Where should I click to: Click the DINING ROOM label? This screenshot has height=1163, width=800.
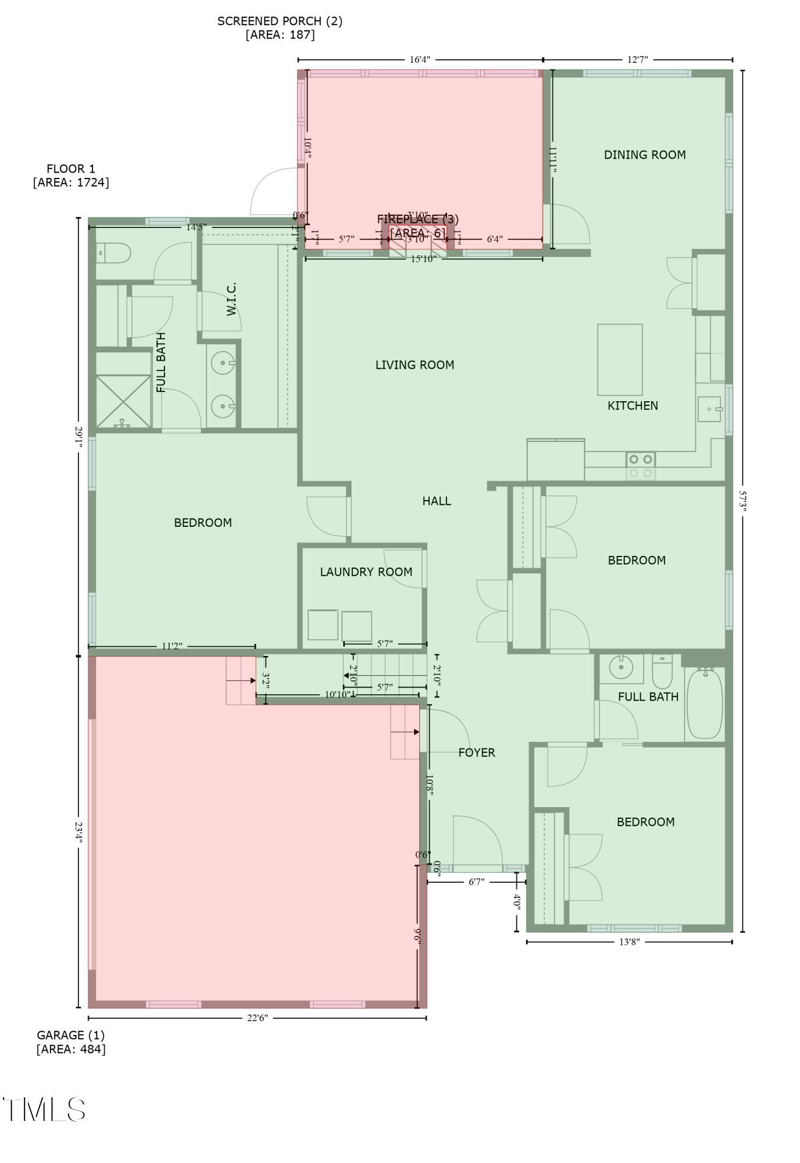click(x=644, y=155)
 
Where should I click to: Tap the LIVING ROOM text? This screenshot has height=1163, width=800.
click(x=415, y=365)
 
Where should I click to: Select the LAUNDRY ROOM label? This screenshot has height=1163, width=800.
click(x=366, y=572)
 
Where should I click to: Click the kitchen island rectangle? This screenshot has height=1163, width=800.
click(x=620, y=360)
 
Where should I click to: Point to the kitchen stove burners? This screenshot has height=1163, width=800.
click(x=641, y=466)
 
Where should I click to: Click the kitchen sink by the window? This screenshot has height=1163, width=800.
click(x=709, y=409)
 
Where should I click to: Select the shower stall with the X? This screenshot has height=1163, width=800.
click(x=123, y=401)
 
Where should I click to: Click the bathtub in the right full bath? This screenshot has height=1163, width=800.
click(x=705, y=703)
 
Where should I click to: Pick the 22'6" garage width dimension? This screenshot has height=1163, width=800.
click(x=257, y=1018)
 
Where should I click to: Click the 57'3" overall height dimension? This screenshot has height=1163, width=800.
click(x=742, y=500)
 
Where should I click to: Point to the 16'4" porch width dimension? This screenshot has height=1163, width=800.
click(x=420, y=60)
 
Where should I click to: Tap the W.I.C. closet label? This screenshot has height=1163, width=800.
click(x=231, y=299)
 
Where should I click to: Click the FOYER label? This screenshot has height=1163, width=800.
click(x=477, y=752)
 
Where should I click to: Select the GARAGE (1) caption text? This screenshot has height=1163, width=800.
click(x=71, y=1035)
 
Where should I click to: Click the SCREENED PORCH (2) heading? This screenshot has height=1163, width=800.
click(x=280, y=22)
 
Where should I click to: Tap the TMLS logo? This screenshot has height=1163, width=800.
click(x=45, y=1110)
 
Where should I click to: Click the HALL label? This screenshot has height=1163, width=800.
click(x=436, y=501)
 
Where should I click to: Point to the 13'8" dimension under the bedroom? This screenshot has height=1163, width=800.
click(x=629, y=942)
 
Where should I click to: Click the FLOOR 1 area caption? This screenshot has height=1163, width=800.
click(x=71, y=169)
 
